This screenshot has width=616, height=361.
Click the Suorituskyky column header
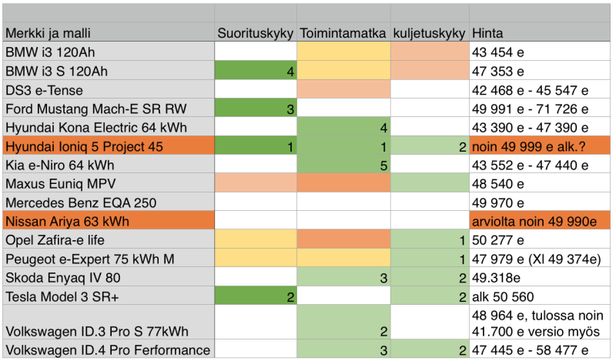[x=255, y=34]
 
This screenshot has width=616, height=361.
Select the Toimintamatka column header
[x=343, y=34]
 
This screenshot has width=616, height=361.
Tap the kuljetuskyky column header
[x=429, y=34]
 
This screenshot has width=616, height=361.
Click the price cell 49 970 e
[x=501, y=202]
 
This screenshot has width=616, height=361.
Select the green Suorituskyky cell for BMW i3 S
[x=255, y=72]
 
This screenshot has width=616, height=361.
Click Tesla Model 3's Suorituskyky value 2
[x=255, y=296]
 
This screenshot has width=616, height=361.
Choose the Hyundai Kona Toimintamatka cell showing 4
[x=343, y=128]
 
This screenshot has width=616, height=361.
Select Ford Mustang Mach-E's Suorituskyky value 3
[x=255, y=109]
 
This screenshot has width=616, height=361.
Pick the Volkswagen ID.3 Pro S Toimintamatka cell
[x=343, y=323]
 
